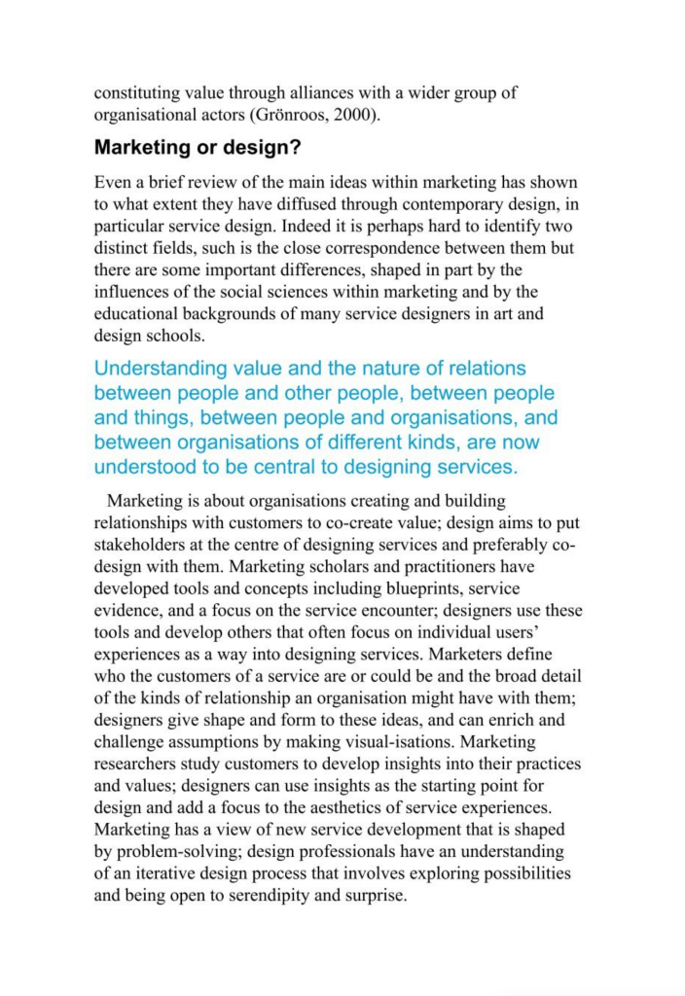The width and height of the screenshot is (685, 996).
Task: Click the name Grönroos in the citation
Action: coord(289,116)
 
